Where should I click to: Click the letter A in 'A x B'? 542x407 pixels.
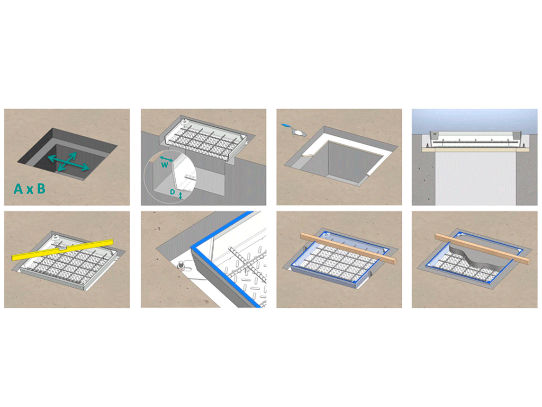(19, 189)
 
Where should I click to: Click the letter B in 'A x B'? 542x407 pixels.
(41, 189)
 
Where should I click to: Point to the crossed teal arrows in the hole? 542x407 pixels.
(68, 162)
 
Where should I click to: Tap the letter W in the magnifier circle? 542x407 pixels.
(165, 165)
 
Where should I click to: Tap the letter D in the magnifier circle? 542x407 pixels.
(172, 192)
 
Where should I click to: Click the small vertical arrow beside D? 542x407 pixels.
(180, 196)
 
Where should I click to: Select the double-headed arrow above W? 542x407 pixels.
(166, 159)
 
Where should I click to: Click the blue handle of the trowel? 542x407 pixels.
(286, 125)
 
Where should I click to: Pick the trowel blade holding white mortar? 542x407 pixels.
(299, 132)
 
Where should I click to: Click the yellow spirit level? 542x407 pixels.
(62, 249)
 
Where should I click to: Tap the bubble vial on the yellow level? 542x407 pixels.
(61, 248)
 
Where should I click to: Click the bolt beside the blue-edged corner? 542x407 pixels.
(181, 266)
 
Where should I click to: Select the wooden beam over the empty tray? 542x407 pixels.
(348, 249)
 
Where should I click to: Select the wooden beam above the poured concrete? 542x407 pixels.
(482, 249)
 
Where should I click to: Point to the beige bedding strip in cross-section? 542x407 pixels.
(475, 149)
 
